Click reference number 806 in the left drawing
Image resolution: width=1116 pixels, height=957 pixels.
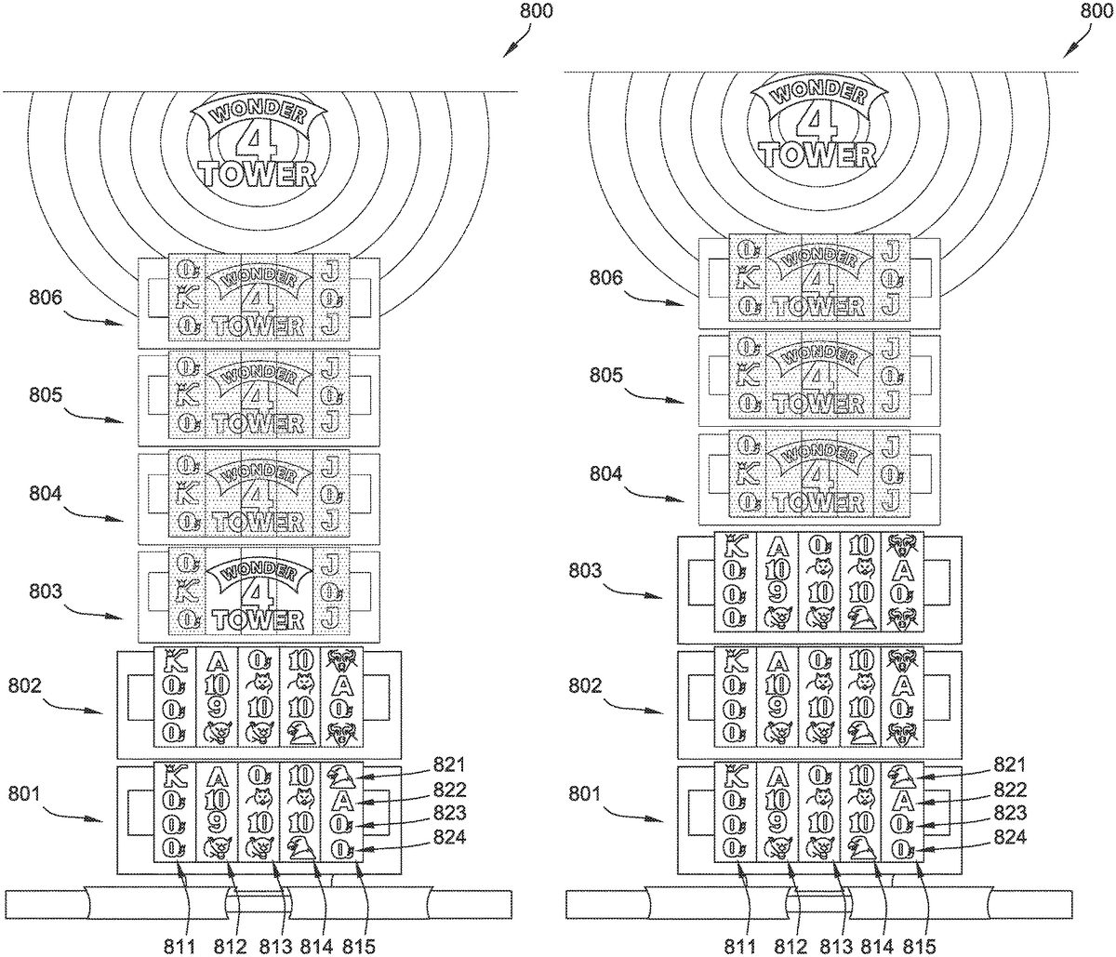coord(46,299)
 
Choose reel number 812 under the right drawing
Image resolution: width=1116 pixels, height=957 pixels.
coord(790,945)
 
